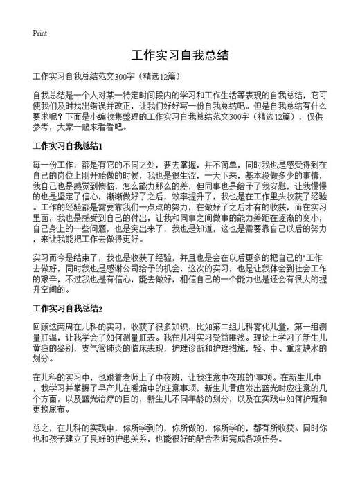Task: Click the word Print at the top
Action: (x=39, y=33)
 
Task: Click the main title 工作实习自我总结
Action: (x=179, y=55)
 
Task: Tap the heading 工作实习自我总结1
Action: (x=68, y=147)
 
